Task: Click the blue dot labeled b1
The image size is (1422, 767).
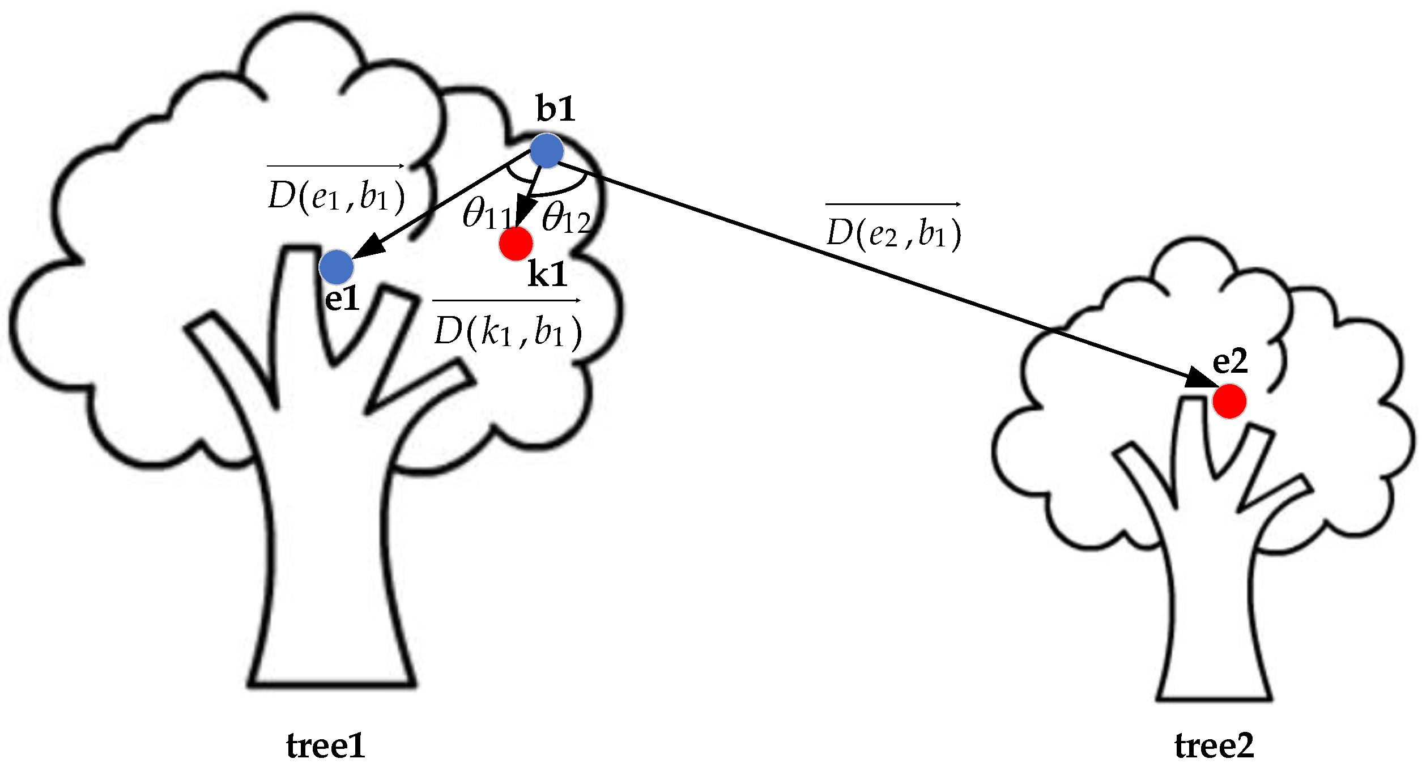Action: point(546,151)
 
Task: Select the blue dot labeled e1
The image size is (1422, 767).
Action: point(336,267)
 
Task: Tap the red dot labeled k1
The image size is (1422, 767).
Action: point(516,244)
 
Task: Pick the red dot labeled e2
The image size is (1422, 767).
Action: point(1229,401)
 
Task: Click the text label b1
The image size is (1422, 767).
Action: point(556,109)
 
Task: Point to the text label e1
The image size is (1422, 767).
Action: point(342,299)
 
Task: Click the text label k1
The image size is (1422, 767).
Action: point(547,275)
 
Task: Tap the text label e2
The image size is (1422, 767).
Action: point(1230,361)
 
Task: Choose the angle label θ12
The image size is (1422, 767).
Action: point(565,218)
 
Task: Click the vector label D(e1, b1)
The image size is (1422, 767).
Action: point(336,195)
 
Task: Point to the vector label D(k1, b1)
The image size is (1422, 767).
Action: point(507,331)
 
